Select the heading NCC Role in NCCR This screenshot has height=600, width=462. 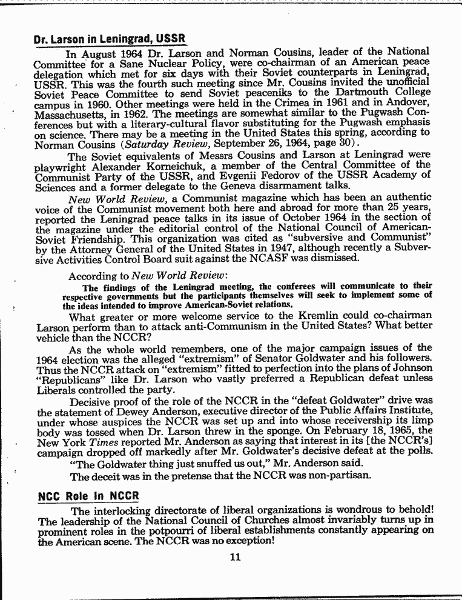click(x=88, y=496)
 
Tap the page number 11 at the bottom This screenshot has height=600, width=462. click(x=236, y=557)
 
